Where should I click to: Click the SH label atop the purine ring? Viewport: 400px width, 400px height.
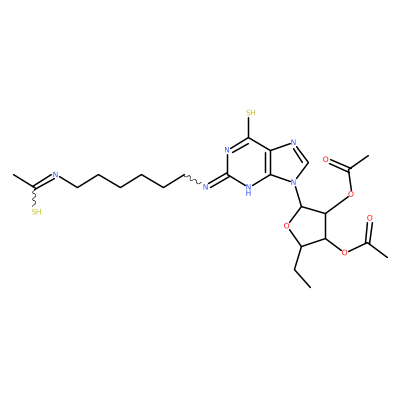click(251, 113)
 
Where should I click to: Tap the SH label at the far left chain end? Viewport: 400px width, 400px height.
click(37, 212)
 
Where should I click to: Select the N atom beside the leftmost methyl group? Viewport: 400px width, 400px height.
click(55, 175)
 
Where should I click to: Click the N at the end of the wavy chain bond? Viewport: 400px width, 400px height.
click(205, 186)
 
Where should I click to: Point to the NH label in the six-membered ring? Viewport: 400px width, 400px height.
click(248, 189)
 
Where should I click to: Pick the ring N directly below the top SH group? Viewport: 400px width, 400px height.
click(227, 150)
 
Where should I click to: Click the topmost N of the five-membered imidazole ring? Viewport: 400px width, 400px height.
click(293, 142)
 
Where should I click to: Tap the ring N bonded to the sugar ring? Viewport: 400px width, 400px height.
click(294, 182)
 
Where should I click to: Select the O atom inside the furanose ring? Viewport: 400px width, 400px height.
click(286, 227)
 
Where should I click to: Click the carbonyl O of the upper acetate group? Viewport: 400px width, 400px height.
click(326, 159)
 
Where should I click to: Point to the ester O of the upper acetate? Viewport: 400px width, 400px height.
click(350, 194)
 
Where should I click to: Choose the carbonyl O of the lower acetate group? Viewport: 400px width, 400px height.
click(369, 218)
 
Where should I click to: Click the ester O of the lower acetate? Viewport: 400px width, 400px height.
click(344, 252)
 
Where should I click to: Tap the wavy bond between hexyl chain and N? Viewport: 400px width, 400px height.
click(193, 179)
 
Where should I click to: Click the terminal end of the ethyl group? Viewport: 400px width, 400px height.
click(311, 287)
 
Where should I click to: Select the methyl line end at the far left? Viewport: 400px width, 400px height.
click(13, 174)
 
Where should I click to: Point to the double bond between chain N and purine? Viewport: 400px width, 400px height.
click(217, 180)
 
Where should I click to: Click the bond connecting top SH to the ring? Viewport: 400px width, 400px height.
click(249, 128)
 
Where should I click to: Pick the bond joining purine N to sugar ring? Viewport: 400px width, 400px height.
click(297, 197)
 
